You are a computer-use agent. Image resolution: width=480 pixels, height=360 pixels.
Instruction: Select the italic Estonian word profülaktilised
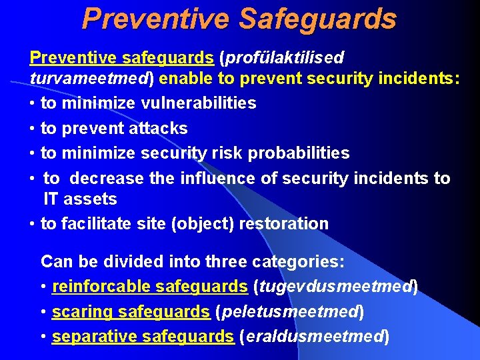[285, 58]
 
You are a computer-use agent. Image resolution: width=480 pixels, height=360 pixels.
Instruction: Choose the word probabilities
[299, 153]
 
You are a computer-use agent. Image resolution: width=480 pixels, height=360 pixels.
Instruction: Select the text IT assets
[80, 199]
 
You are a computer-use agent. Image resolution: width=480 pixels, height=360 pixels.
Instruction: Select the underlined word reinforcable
[101, 287]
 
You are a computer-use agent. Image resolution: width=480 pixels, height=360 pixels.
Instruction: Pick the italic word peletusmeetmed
[289, 312]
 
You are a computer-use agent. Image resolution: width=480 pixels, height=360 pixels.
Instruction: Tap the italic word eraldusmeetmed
[317, 337]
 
